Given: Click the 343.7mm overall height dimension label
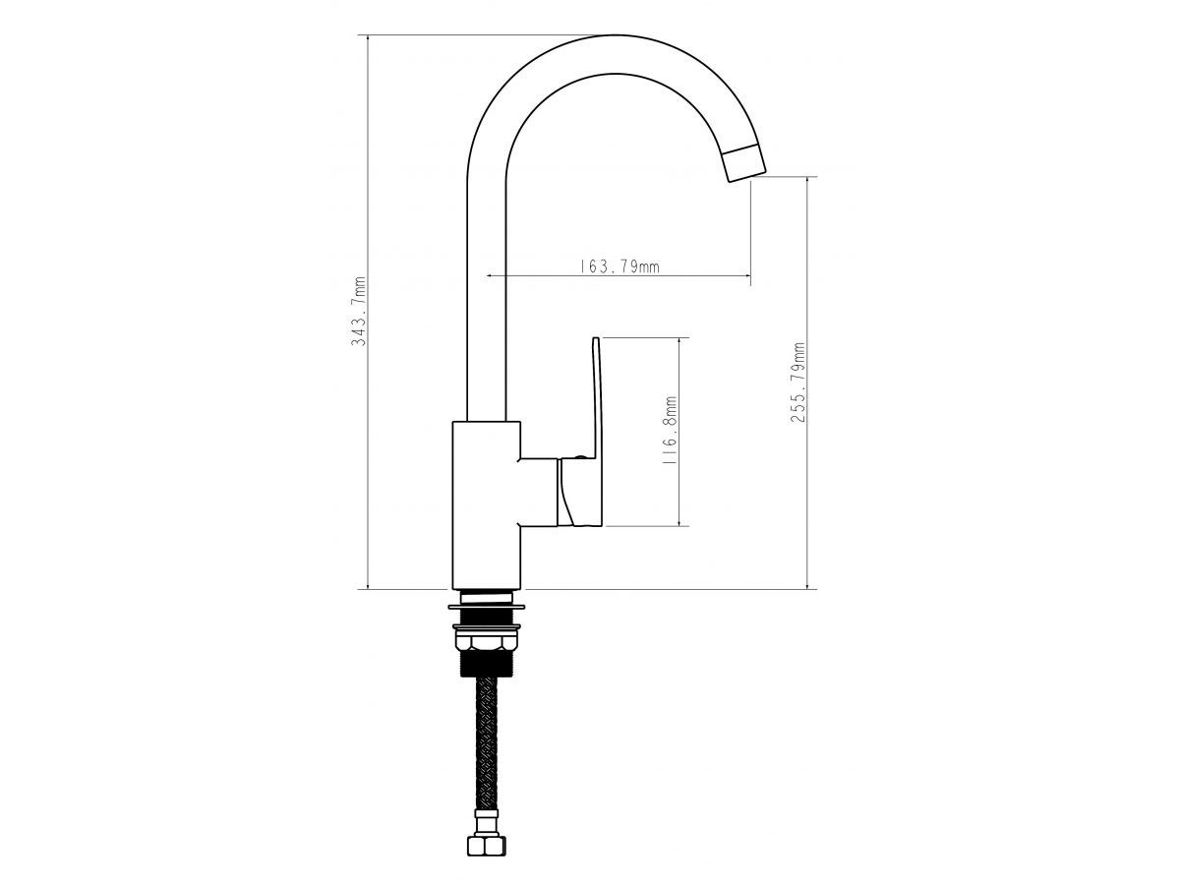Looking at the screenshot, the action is [x=358, y=311].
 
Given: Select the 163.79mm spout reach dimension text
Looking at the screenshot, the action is [x=619, y=265].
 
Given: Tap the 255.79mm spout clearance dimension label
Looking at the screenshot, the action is [x=797, y=383].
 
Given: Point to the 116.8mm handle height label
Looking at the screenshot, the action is [x=670, y=432].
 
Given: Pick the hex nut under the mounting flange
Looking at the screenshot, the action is [x=486, y=641].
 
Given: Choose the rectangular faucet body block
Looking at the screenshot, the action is [x=487, y=505].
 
